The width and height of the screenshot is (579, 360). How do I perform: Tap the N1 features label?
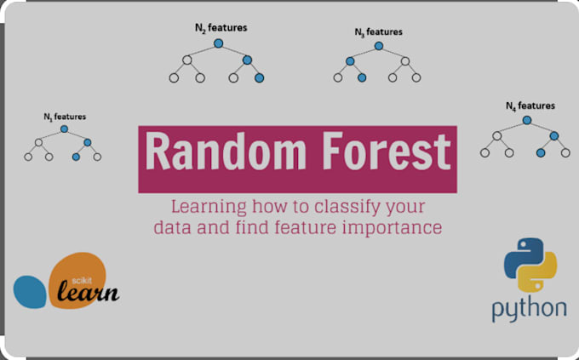tap(65, 116)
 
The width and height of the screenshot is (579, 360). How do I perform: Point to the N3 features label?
tap(378, 31)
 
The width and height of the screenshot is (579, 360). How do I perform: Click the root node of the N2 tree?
tap(218, 43)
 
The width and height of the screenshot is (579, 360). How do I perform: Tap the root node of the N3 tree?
tap(378, 45)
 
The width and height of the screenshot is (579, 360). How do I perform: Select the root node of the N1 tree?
tap(64, 129)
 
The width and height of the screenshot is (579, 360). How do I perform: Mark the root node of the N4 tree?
tap(526, 120)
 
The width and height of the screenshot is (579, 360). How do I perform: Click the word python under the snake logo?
tap(529, 307)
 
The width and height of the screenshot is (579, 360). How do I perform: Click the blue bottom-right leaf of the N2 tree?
tap(259, 78)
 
